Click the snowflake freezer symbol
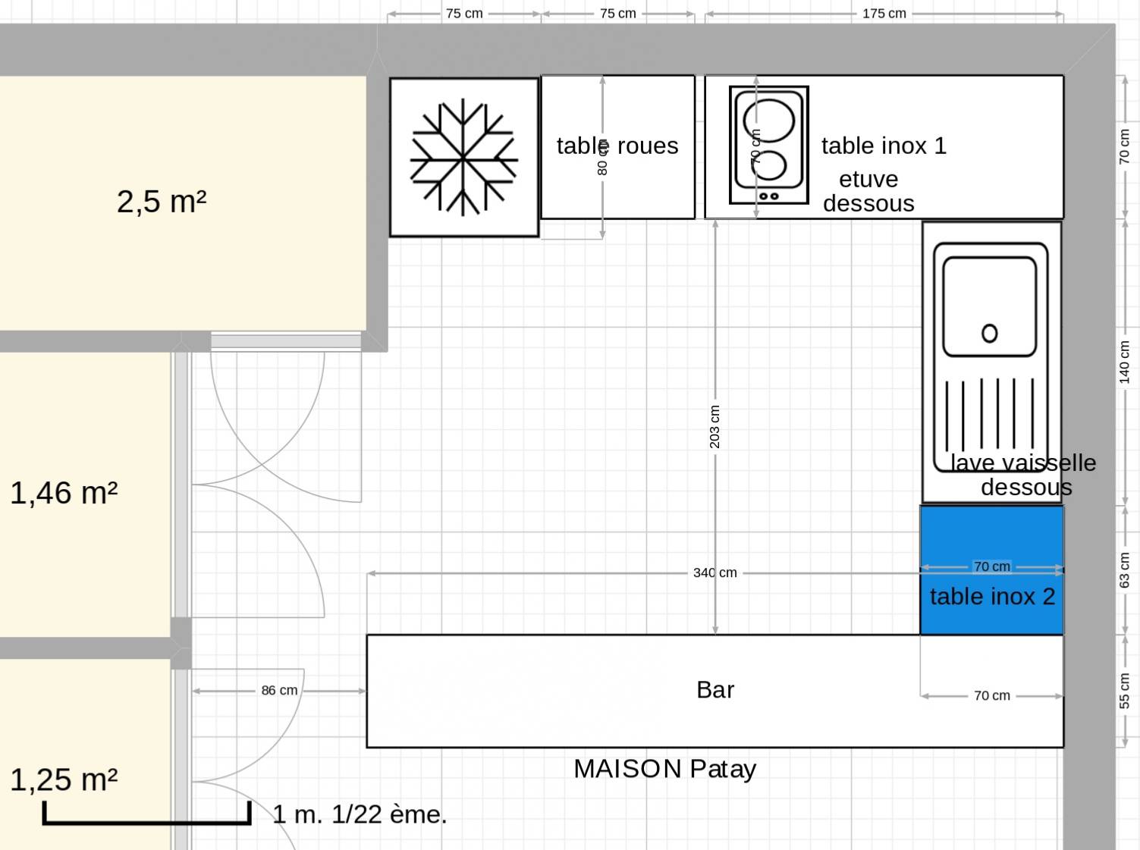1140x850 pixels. point(463,157)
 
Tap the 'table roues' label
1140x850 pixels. point(617,146)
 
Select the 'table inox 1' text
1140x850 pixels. point(884,146)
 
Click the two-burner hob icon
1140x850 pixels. point(768,145)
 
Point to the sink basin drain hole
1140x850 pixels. point(989,333)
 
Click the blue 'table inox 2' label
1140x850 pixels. point(993,597)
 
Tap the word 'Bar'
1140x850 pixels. point(715,690)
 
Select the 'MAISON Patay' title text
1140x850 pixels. point(664,769)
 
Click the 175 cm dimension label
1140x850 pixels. point(884,14)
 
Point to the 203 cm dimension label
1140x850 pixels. point(714,427)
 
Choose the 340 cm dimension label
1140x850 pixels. point(715,572)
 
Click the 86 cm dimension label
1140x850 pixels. point(279,690)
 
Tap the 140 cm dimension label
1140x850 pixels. point(1124,362)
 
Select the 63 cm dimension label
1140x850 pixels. point(1124,569)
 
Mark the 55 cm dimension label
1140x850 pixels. point(1124,691)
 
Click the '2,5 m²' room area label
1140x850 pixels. point(162,202)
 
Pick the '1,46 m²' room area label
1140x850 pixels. point(64,493)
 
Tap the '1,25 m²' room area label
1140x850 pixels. point(64,780)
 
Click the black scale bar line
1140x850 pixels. point(147,822)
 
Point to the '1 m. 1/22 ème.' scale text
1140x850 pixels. point(360,814)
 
